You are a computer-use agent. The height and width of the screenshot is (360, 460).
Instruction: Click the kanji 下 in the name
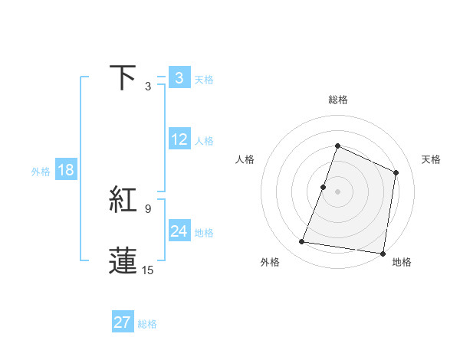pos(123,77)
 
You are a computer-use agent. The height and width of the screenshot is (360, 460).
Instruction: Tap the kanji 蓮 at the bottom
pos(123,260)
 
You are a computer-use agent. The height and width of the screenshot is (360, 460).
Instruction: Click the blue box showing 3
pos(179,77)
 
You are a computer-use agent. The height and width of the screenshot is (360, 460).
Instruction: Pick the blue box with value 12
pos(179,139)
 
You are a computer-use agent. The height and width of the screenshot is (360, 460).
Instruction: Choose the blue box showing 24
pos(179,231)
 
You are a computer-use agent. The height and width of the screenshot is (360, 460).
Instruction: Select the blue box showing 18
pos(66,170)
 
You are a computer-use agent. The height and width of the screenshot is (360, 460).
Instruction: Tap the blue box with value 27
pos(123,322)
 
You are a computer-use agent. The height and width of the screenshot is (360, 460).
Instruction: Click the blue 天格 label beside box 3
pos(204,79)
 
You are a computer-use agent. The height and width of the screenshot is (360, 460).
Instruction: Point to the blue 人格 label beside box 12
pos(204,141)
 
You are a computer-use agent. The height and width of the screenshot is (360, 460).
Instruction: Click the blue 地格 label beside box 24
pos(204,233)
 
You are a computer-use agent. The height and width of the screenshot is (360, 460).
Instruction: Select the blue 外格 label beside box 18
pos(41,172)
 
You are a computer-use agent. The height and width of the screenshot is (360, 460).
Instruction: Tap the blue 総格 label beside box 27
pos(147,324)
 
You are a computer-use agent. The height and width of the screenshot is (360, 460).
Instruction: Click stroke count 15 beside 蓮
pos(148,270)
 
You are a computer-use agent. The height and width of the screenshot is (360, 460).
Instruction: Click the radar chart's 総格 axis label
pos(338,100)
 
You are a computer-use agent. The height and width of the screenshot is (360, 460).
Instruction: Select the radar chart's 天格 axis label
pos(432,159)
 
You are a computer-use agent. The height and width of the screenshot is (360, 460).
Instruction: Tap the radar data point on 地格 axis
pos(383,253)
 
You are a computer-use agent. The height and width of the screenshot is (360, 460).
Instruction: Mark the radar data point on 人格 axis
pos(324,187)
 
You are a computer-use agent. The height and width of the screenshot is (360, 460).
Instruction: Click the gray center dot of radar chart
pos(338,191)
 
